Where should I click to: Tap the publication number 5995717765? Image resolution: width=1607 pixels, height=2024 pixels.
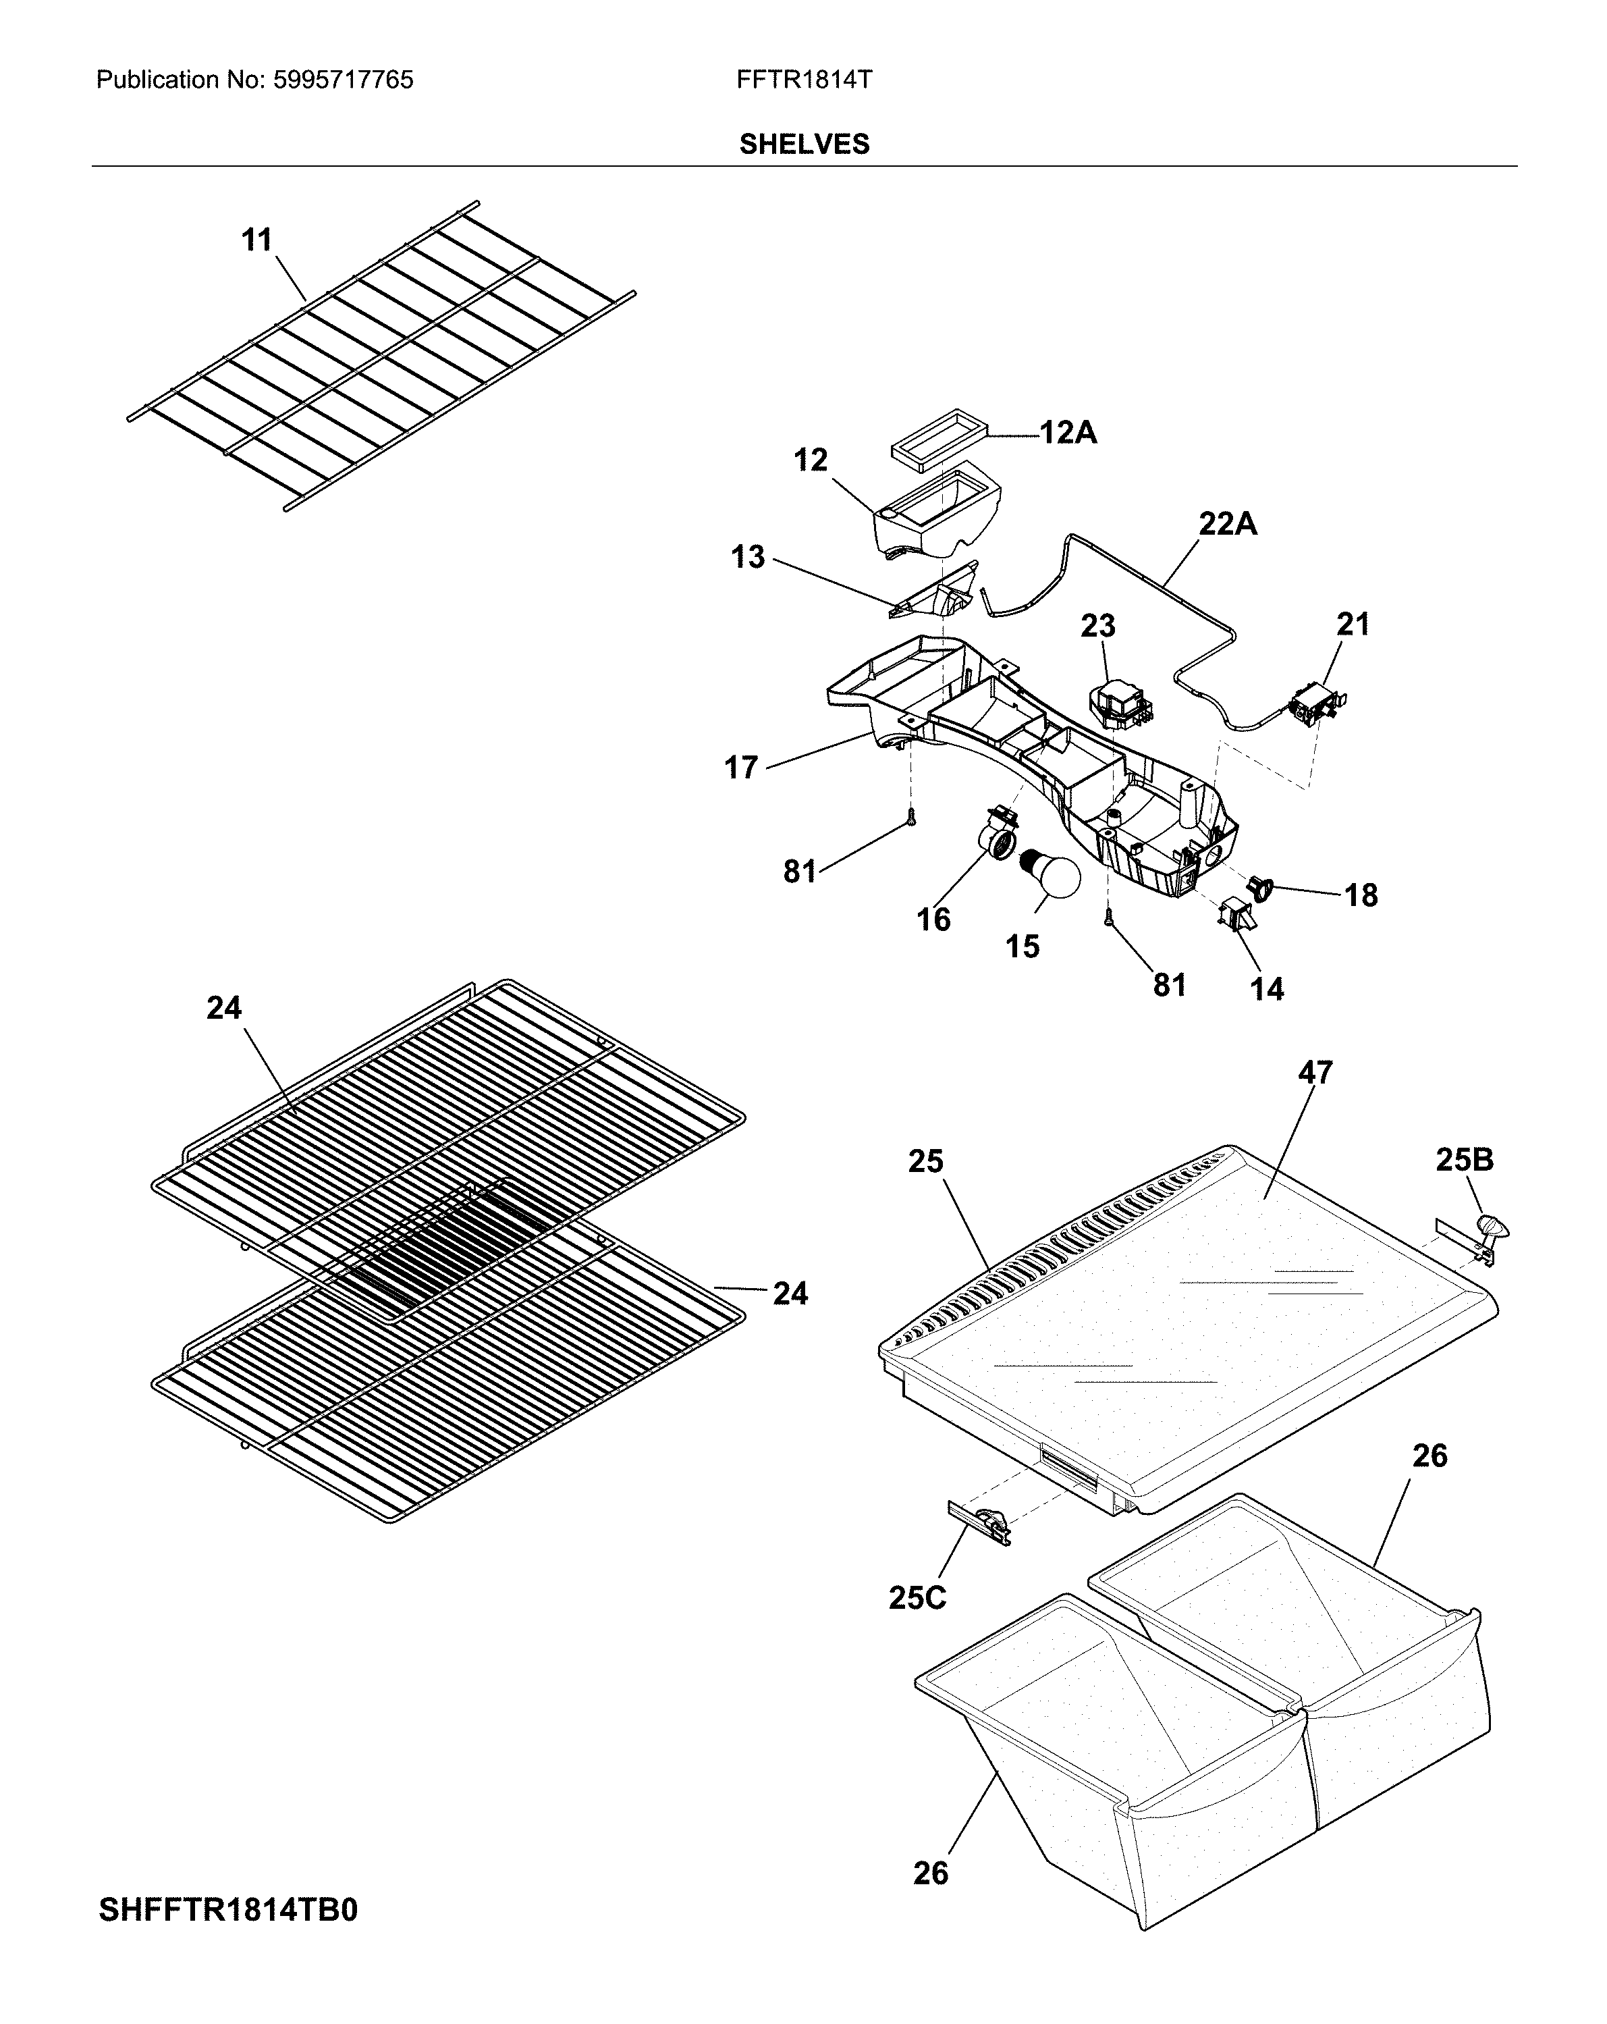pos(343,80)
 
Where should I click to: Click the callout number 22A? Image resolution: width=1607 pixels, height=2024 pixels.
pos(1227,524)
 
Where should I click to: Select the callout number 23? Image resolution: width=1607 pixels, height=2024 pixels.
pos(1097,625)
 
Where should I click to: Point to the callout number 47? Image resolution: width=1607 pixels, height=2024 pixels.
pos(1314,1072)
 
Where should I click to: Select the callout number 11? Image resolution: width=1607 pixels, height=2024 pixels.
pos(256,240)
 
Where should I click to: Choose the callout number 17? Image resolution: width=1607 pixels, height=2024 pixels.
pos(740,768)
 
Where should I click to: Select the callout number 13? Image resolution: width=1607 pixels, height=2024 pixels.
pos(748,558)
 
